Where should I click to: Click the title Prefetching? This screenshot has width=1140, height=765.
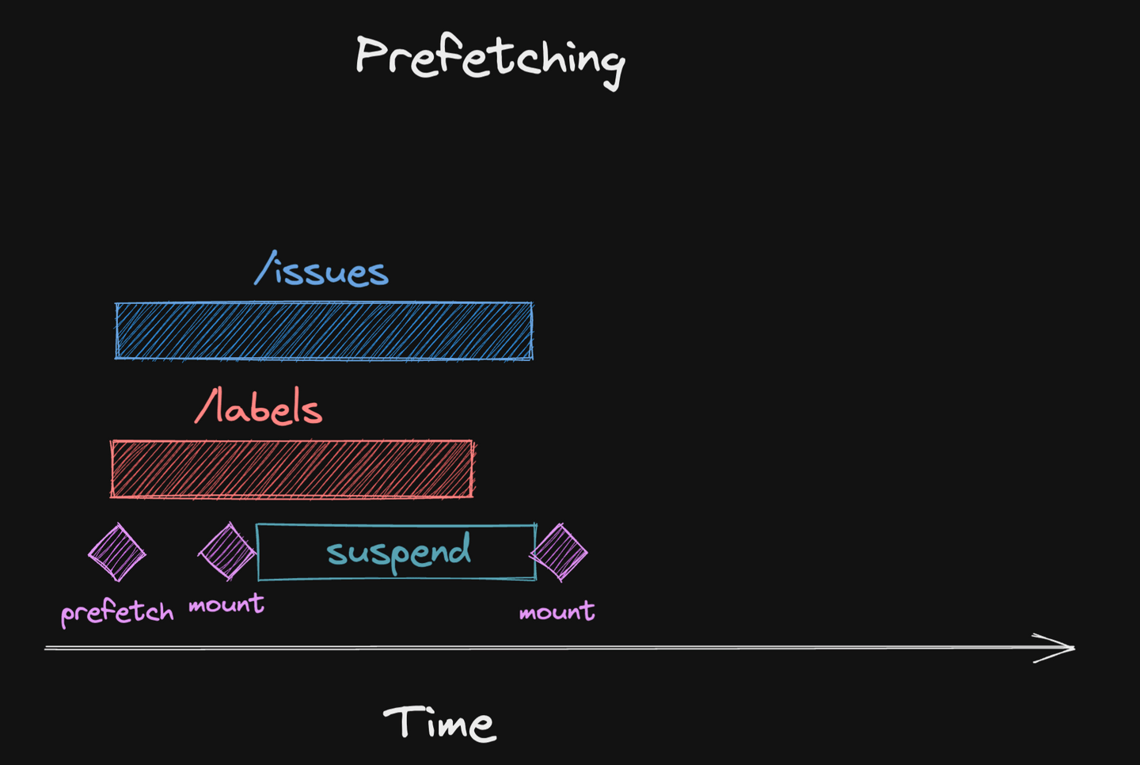point(489,59)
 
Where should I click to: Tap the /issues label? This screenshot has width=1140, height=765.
point(321,271)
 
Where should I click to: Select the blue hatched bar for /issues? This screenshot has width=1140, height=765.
point(324,331)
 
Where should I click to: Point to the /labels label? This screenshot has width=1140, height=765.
point(259,408)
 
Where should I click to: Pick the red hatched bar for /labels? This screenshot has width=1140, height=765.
point(292,469)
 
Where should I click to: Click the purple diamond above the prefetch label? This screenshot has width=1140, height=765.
point(117,552)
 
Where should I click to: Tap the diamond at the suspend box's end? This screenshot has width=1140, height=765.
point(560,552)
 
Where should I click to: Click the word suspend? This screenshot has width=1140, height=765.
point(399,552)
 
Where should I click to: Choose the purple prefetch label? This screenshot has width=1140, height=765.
point(117,612)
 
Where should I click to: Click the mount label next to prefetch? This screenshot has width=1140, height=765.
point(226,605)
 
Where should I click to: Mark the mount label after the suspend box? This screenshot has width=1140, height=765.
point(557,611)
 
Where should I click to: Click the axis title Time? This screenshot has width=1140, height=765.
point(439,722)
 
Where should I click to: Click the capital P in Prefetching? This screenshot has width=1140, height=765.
point(372,55)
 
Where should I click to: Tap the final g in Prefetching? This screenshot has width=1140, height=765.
point(611,67)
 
